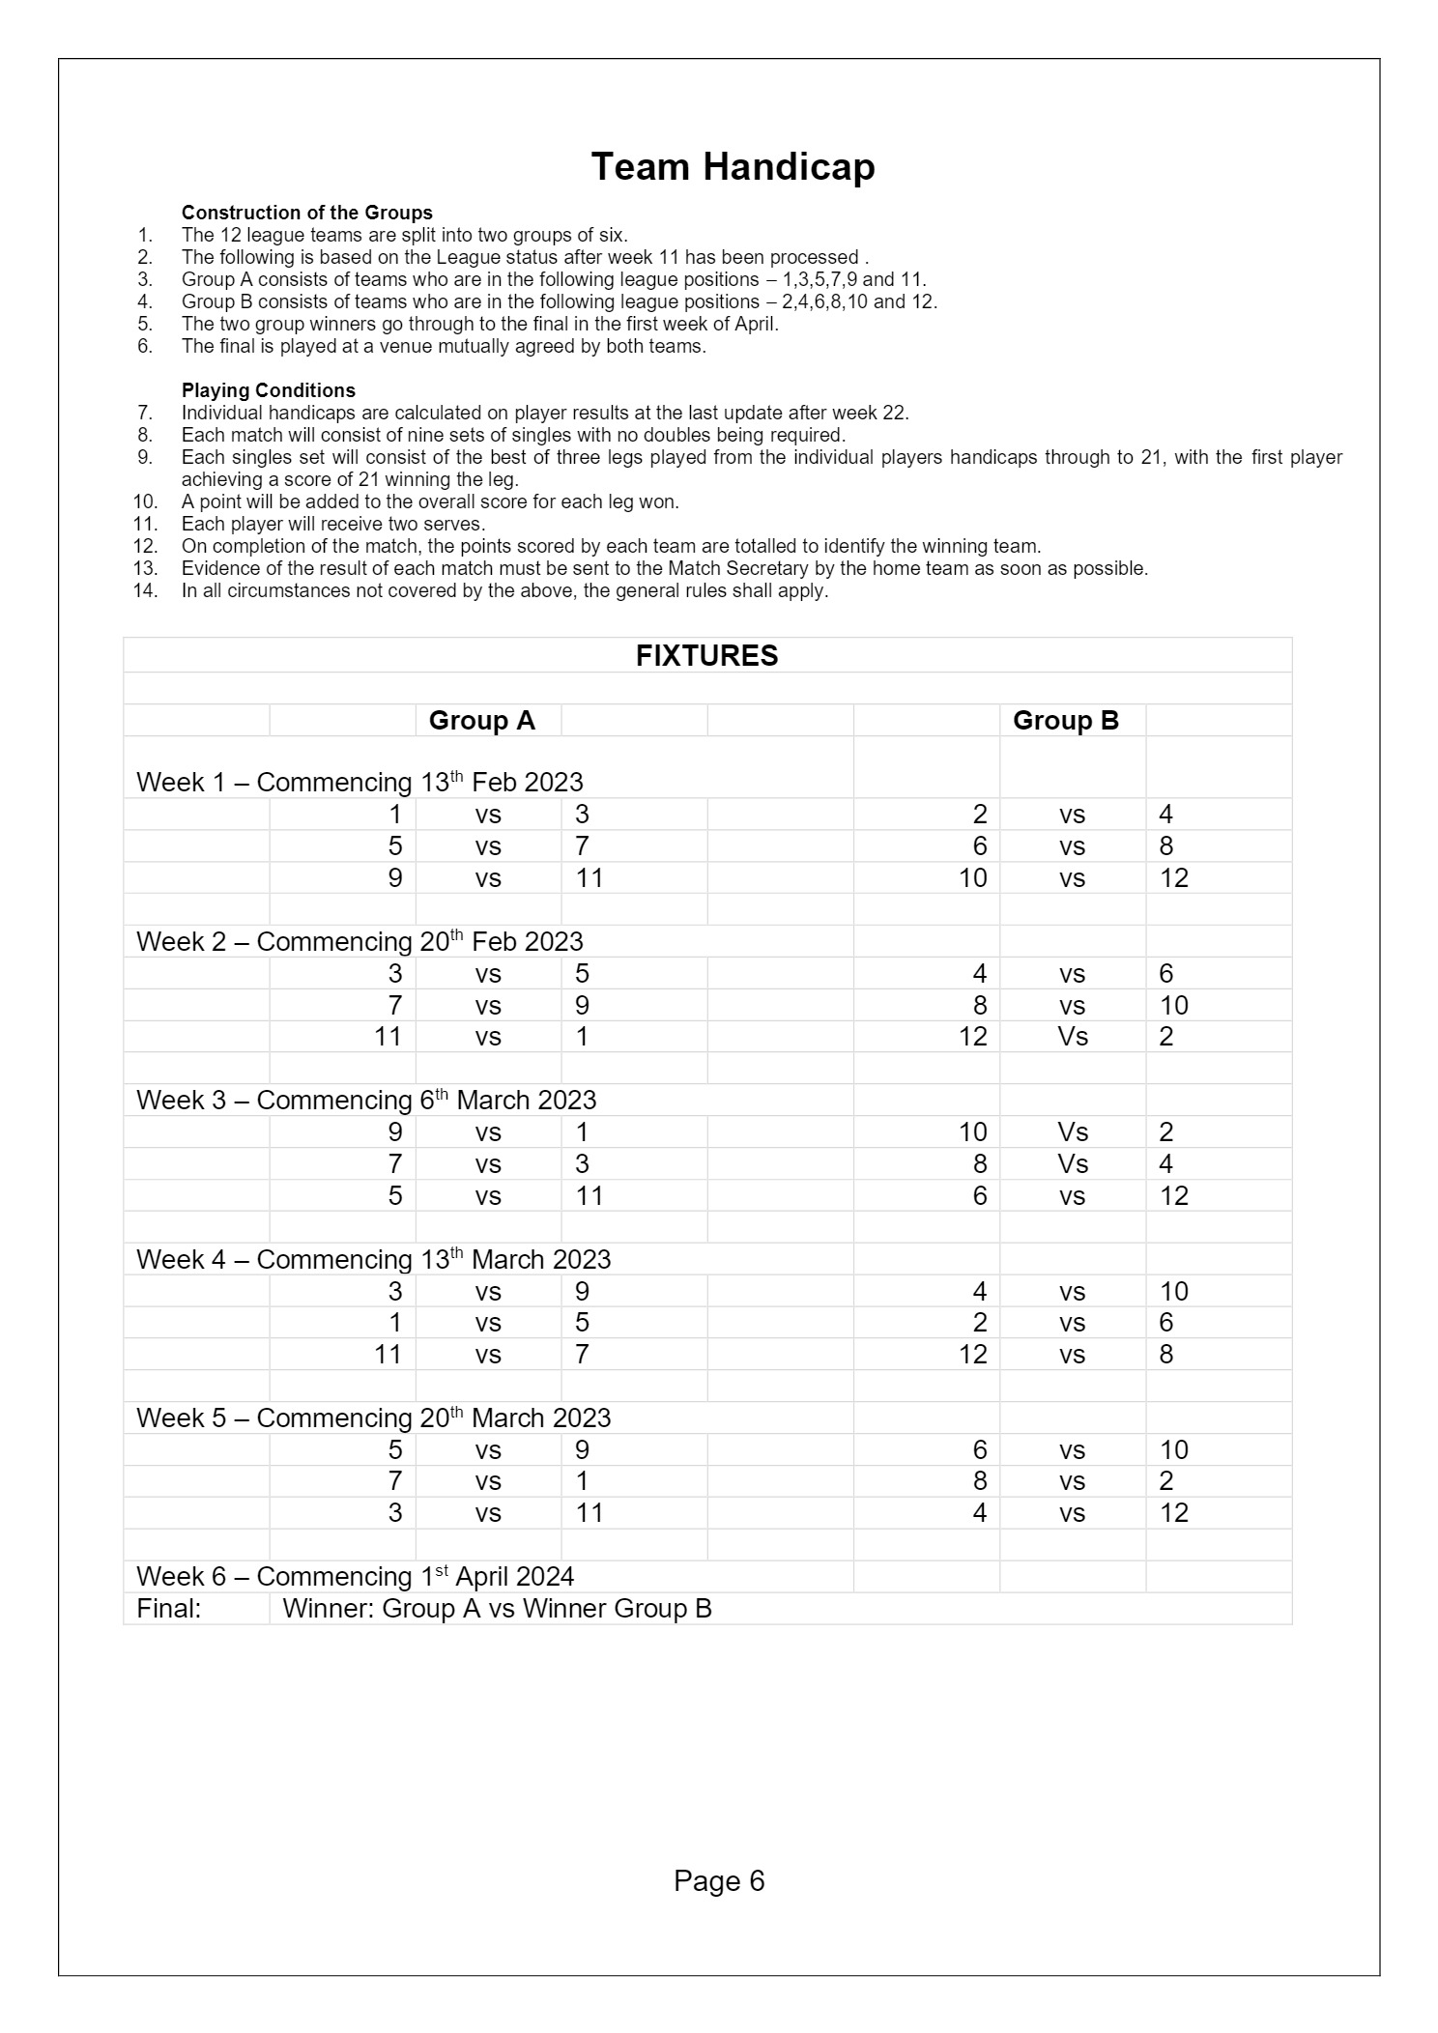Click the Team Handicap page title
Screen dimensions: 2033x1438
click(733, 167)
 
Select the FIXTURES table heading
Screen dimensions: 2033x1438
click(706, 656)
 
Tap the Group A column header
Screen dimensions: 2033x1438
click(481, 721)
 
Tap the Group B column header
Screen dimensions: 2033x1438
click(1065, 721)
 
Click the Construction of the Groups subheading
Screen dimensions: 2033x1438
click(306, 213)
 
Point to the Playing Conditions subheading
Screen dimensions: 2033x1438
click(268, 390)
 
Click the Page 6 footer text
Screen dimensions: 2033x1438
click(719, 1880)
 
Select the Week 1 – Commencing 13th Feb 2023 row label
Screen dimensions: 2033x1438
click(359, 782)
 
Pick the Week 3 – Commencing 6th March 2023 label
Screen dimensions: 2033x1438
click(365, 1100)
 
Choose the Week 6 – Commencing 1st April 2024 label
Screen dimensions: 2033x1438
click(355, 1576)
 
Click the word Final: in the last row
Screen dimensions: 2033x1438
click(169, 1608)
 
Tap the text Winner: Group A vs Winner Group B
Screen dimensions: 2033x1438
click(497, 1608)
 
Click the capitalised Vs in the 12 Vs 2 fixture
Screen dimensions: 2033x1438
click(1072, 1037)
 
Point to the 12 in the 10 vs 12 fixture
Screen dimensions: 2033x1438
click(1173, 878)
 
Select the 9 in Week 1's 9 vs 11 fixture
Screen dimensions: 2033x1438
click(394, 878)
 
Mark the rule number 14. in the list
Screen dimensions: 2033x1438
click(145, 590)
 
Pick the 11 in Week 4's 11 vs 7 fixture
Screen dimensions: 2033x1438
click(388, 1355)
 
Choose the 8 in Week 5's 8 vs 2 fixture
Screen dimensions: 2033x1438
click(980, 1481)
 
